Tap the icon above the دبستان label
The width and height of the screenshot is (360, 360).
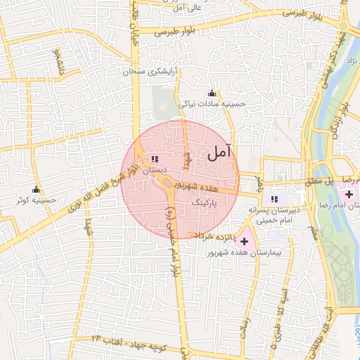click(154, 160)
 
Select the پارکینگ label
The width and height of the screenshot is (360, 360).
click(205, 201)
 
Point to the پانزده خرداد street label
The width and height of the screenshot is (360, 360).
click(213, 233)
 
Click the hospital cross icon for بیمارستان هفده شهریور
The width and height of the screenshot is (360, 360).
click(244, 241)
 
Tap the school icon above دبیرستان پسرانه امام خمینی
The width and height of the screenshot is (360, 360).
click(274, 199)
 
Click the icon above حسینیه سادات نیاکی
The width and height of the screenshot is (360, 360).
click(212, 94)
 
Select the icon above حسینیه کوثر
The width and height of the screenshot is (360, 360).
click(36, 190)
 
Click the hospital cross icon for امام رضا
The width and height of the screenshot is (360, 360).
click(349, 193)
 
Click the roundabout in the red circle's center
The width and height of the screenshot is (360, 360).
click(169, 185)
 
